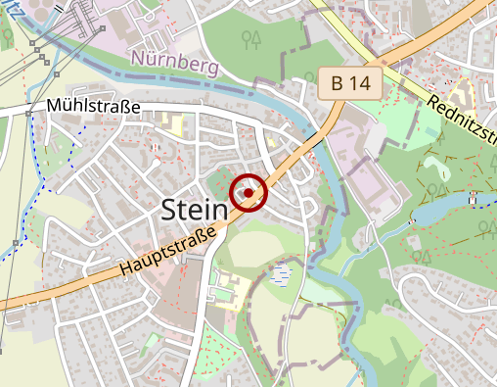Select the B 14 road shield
(x=350, y=83)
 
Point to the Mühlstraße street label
(x=94, y=107)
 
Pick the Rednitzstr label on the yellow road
(x=461, y=117)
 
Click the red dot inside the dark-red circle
(x=248, y=194)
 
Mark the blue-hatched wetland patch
(x=282, y=272)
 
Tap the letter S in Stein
(x=168, y=208)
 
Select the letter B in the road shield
(x=338, y=83)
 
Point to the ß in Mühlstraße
(x=126, y=107)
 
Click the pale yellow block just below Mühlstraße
(x=174, y=126)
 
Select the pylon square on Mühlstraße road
(x=29, y=114)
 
